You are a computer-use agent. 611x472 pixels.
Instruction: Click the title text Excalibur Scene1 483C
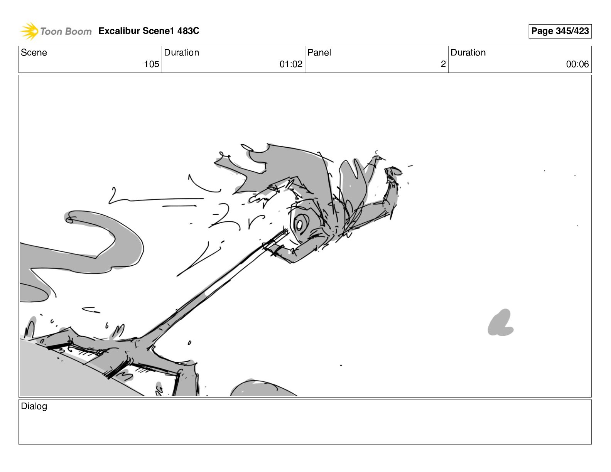pyautogui.click(x=149, y=31)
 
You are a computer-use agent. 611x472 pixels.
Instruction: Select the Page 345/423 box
pyautogui.click(x=560, y=31)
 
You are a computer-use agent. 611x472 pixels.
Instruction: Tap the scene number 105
pyautogui.click(x=152, y=64)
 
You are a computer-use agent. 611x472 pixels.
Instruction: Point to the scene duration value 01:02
pyautogui.click(x=291, y=64)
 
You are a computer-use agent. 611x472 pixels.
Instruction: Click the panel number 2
pyautogui.click(x=443, y=64)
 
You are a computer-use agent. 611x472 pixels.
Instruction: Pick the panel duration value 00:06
pyautogui.click(x=577, y=64)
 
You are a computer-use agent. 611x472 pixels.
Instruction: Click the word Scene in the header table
pyautogui.click(x=34, y=52)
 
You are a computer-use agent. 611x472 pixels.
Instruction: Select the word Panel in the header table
pyautogui.click(x=319, y=52)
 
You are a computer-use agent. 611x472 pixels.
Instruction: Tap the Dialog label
pyautogui.click(x=34, y=406)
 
